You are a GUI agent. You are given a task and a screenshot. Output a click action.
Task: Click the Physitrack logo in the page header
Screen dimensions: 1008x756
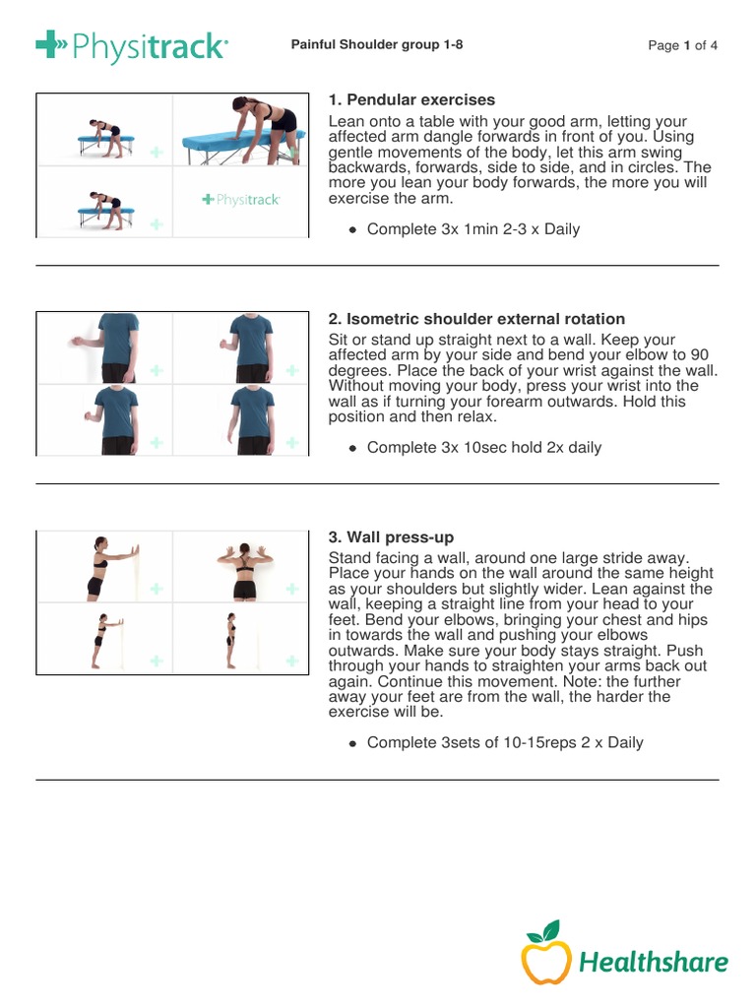click(132, 45)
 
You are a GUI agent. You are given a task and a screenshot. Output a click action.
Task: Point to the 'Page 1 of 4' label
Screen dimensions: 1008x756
click(683, 45)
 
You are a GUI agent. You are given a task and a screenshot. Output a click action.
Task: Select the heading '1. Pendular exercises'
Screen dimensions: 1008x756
click(411, 100)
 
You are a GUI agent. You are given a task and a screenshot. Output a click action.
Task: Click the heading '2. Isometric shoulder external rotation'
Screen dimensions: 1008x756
click(475, 319)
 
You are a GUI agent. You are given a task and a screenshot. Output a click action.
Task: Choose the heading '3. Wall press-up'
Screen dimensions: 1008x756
click(391, 537)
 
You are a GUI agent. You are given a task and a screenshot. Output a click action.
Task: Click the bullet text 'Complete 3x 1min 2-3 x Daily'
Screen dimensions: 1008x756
click(472, 229)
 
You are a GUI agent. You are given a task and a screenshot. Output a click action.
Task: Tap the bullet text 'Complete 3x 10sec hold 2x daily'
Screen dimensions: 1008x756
click(483, 448)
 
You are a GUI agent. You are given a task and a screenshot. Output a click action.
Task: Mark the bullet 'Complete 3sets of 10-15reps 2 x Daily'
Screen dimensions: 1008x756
click(504, 742)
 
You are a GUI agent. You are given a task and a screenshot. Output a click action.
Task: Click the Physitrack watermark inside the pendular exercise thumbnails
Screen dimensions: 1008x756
click(241, 200)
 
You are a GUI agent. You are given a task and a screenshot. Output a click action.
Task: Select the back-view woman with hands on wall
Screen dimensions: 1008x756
click(239, 565)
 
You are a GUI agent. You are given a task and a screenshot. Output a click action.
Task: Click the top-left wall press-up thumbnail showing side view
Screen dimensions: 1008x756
click(104, 566)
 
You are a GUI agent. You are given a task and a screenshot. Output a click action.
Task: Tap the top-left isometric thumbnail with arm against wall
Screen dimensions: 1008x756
click(104, 347)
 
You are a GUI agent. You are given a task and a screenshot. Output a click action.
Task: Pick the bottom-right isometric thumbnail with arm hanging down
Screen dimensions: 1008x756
click(239, 419)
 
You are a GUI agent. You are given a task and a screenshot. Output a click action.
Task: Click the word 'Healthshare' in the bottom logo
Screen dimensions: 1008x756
click(654, 962)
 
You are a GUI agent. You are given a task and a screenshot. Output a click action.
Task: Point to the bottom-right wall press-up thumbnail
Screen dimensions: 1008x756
click(239, 638)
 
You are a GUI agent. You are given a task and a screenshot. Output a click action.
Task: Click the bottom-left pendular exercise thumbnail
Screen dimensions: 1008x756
click(104, 202)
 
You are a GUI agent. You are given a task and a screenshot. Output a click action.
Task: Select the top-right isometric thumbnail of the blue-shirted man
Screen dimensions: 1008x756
click(239, 347)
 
